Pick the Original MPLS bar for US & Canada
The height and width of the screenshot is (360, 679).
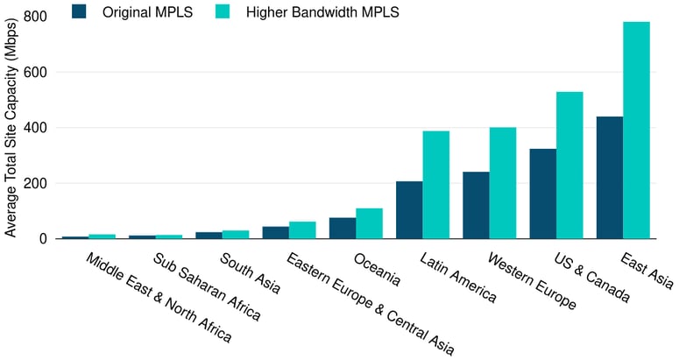coord(542,194)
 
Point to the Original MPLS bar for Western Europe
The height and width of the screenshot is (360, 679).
coord(476,205)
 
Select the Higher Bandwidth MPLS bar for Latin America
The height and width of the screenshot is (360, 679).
coord(436,184)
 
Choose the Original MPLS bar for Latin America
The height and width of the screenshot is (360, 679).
coord(409,209)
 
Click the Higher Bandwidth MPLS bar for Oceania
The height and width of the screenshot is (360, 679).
coord(370,223)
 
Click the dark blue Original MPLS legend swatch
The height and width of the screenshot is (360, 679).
coord(80,11)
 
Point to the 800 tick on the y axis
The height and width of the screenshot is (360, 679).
coord(36,17)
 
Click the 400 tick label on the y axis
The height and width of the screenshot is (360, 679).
coord(36,128)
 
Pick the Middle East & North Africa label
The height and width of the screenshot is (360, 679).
coord(159,297)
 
